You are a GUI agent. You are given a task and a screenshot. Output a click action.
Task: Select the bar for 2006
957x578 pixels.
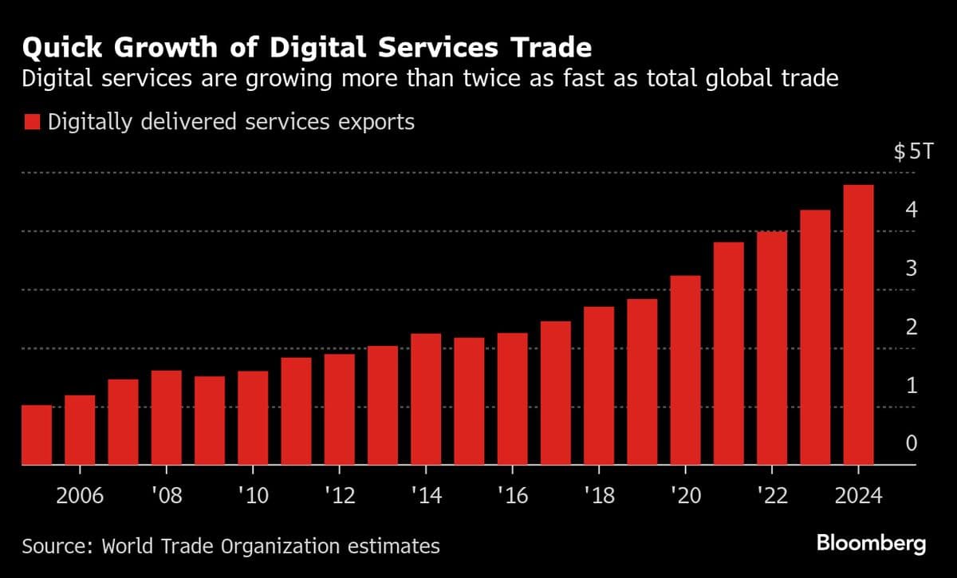80,430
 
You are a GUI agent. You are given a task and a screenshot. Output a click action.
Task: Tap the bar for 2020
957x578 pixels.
685,370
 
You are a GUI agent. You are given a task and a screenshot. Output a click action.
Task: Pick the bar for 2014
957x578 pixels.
426,399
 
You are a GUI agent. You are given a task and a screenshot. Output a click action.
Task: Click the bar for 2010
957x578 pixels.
253,418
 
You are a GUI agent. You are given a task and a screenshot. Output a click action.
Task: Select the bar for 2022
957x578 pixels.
772,348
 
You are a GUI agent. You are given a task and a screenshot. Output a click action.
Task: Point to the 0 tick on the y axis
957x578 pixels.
912,443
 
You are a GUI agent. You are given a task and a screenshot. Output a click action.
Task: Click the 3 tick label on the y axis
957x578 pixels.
912,268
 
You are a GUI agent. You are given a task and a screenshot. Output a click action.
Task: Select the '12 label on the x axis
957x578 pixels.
339,496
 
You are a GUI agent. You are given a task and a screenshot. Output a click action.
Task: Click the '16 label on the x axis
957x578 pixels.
512,496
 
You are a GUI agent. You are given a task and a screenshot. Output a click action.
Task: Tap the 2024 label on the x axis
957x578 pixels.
857,496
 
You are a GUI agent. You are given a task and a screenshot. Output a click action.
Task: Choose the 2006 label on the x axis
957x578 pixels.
80,496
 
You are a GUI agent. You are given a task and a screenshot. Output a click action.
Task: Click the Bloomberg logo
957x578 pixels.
871,544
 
